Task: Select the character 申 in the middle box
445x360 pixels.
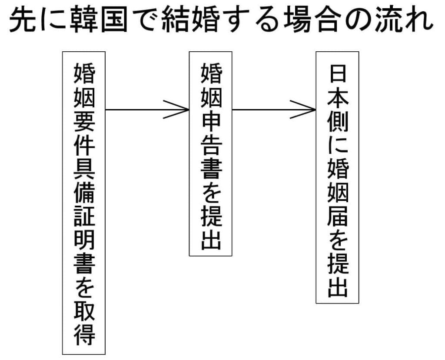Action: coord(211,123)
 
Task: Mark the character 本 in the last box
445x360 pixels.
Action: coord(338,99)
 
